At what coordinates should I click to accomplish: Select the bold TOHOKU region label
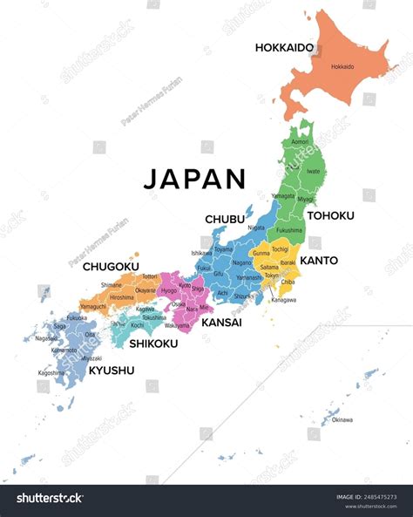click(x=329, y=215)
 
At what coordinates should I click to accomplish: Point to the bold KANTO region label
click(x=319, y=260)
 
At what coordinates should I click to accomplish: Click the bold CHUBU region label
click(x=224, y=218)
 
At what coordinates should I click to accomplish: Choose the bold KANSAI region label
click(x=221, y=323)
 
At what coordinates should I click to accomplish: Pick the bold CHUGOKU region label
click(x=110, y=267)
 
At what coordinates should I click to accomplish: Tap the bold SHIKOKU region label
click(x=153, y=344)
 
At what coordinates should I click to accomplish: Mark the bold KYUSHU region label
click(x=112, y=370)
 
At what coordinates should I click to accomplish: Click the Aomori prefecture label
click(x=300, y=141)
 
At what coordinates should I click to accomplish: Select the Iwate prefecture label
click(x=315, y=172)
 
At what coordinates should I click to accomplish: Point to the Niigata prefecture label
click(x=256, y=228)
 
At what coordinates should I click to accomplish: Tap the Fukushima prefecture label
click(x=289, y=230)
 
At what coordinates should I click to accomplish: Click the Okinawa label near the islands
click(x=342, y=419)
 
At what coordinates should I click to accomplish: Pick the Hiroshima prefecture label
click(x=121, y=297)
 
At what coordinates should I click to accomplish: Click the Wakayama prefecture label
click(x=177, y=326)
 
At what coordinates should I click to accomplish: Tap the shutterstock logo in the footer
click(x=51, y=498)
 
